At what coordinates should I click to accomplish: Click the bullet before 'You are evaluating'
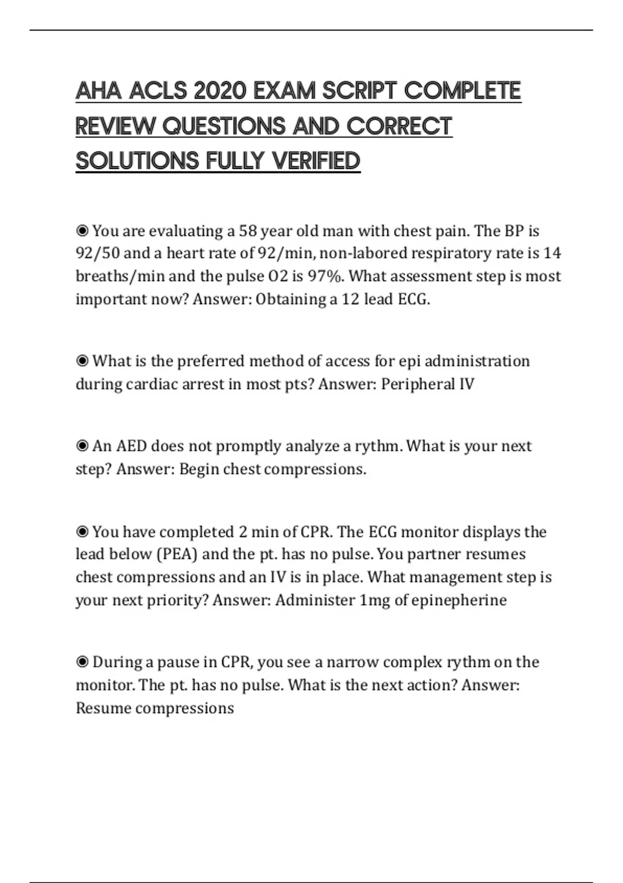pyautogui.click(x=82, y=230)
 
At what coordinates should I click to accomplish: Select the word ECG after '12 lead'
pyautogui.click(x=413, y=299)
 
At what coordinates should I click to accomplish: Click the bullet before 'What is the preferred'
pyautogui.click(x=82, y=360)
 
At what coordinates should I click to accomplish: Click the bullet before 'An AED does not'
pyautogui.click(x=82, y=446)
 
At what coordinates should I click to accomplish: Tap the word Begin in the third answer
pyautogui.click(x=198, y=469)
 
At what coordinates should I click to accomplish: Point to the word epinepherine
pyautogui.click(x=459, y=600)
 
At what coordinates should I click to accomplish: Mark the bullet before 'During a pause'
pyautogui.click(x=82, y=662)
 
